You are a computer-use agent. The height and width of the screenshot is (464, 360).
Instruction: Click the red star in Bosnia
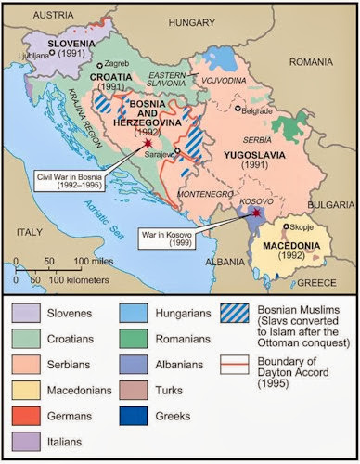(x=147, y=146)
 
